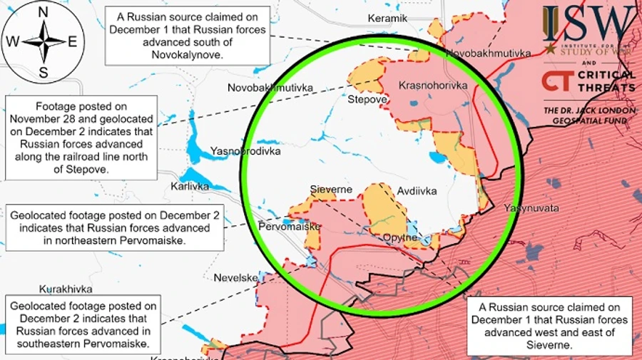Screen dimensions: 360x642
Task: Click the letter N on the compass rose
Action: (x=43, y=12)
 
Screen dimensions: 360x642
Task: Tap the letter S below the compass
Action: (x=43, y=72)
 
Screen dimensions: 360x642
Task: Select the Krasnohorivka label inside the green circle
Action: (x=433, y=86)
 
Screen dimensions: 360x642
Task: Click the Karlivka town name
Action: (x=190, y=187)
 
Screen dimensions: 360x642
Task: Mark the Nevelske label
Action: (x=235, y=277)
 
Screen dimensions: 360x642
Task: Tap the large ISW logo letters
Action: (x=588, y=25)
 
